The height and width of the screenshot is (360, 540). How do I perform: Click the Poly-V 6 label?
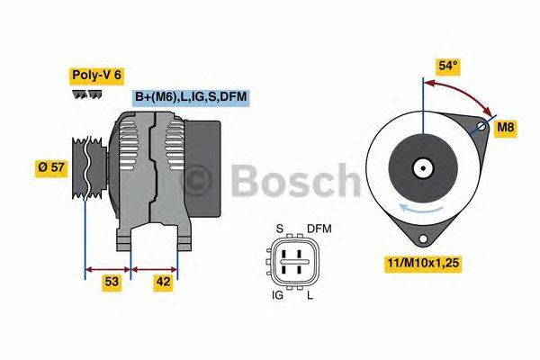tap(94, 75)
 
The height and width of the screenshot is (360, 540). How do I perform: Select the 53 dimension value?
tap(112, 283)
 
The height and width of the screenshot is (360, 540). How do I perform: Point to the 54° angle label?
tap(448, 67)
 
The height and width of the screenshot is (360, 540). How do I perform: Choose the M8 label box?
tap(506, 129)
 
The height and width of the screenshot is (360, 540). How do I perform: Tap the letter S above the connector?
tap(280, 229)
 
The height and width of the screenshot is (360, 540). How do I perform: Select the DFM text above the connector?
tap(319, 229)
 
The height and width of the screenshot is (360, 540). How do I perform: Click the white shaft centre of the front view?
tap(421, 167)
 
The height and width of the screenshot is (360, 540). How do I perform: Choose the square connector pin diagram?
tap(294, 261)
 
